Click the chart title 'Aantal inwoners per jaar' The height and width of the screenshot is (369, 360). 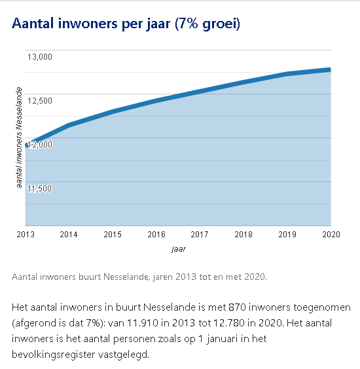tap(91, 24)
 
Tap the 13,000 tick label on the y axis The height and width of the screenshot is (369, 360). tap(40, 57)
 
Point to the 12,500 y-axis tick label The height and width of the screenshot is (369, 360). tap(40, 101)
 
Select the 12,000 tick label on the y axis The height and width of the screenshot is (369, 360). tap(40, 144)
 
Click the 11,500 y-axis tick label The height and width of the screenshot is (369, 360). tap(39, 189)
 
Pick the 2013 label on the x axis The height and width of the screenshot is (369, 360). tap(26, 235)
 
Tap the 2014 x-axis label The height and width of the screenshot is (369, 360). tap(69, 235)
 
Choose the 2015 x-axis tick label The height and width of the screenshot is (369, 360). tap(113, 235)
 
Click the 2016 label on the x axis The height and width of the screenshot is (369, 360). tap(156, 235)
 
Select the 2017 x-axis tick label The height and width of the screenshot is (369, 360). tap(200, 235)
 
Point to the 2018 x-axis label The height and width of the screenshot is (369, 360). tap(243, 235)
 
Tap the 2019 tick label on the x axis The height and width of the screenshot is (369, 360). tap(287, 235)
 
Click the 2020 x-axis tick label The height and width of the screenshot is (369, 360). tap(331, 235)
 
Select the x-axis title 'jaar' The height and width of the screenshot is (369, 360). tap(179, 249)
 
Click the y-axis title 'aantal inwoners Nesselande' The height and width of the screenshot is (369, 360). tap(19, 138)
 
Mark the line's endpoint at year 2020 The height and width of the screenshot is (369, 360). tap(331, 69)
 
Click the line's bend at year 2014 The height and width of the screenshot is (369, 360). tap(69, 125)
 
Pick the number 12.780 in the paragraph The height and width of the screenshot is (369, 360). tap(229, 323)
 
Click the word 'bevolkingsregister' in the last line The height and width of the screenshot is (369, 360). tap(53, 355)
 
